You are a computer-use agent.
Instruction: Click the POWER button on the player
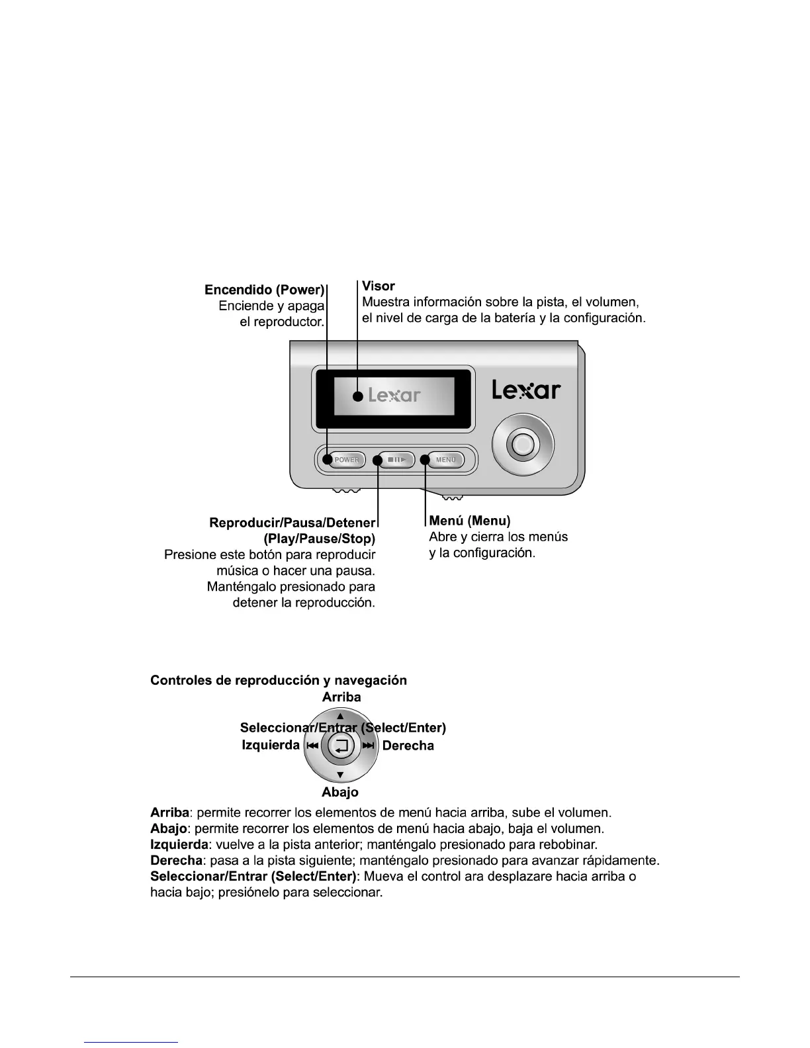(346, 460)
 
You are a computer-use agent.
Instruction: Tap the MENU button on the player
(446, 460)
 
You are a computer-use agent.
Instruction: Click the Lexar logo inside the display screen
(394, 396)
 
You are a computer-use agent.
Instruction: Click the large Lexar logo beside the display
(526, 390)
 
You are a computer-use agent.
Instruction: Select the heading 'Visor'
(379, 286)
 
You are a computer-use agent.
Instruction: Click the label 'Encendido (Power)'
(265, 290)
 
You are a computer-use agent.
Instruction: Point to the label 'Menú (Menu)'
(470, 521)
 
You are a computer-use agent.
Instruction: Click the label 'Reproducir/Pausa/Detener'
(292, 523)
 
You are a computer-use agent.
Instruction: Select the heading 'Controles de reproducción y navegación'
(279, 680)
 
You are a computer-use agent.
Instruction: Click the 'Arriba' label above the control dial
(341, 697)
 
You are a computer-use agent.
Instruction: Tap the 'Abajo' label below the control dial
(340, 792)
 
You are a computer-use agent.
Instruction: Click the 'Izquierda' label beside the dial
(271, 746)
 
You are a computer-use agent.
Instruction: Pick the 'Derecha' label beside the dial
(408, 746)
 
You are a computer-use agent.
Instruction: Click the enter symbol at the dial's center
(341, 746)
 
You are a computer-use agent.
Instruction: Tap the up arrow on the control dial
(340, 716)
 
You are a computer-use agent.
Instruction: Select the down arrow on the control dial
(340, 775)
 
